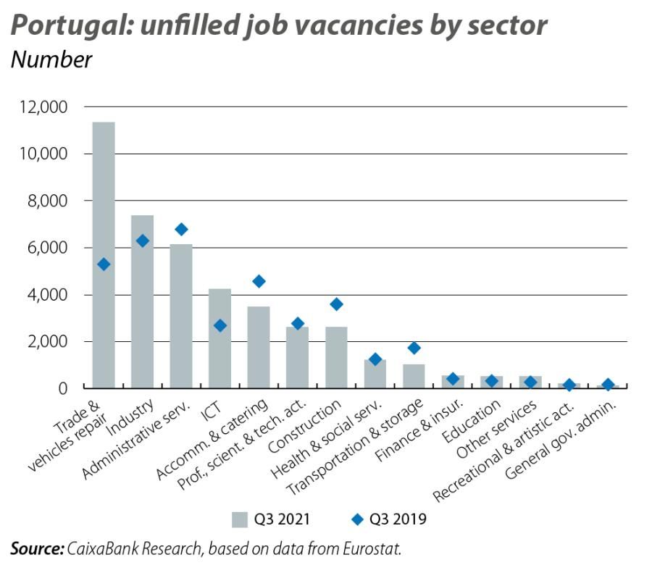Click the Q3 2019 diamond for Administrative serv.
click(x=181, y=230)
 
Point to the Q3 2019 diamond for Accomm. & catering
click(x=259, y=281)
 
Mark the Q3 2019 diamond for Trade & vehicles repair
click(x=104, y=264)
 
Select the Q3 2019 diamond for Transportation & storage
click(x=414, y=348)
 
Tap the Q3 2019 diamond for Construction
click(x=336, y=304)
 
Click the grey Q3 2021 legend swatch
click(x=240, y=519)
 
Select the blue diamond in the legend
click(x=356, y=519)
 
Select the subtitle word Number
click(x=51, y=60)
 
